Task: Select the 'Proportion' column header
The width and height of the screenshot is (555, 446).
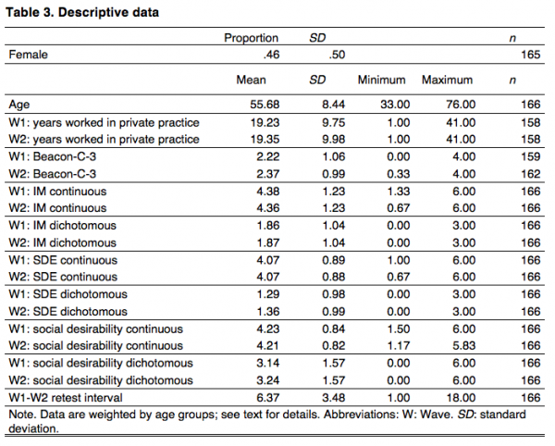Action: coord(251,38)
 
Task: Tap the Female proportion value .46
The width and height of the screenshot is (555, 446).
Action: coord(268,55)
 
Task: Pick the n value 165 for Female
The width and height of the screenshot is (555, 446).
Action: coord(530,55)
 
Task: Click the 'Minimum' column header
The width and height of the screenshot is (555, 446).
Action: coord(382,80)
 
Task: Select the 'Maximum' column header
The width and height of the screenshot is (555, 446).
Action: coord(448,80)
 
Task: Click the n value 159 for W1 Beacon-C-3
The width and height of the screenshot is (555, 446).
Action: coord(530,157)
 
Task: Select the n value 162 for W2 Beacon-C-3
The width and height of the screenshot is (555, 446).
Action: coord(530,174)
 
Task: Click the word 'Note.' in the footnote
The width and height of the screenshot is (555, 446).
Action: coord(22,415)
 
